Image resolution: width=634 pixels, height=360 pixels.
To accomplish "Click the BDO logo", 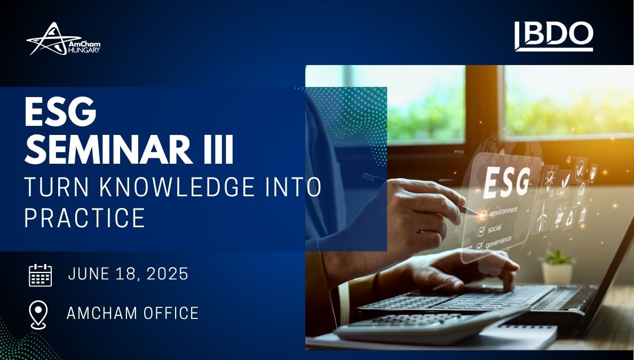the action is [553, 36].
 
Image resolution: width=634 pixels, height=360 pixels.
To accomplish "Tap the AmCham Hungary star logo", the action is [63, 39].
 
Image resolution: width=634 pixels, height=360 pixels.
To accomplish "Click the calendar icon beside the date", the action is [41, 275].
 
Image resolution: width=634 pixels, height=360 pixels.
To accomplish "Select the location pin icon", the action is [39, 315].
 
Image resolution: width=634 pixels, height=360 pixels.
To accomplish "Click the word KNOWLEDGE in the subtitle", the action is [177, 187].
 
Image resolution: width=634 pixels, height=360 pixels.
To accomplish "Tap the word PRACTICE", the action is [84, 218].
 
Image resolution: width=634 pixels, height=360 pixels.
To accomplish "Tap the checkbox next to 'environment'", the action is [482, 214].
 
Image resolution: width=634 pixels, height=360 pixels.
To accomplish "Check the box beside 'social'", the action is [481, 231].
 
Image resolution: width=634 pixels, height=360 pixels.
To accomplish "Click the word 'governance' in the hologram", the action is [498, 242].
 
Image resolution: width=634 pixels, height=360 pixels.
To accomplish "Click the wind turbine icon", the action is [542, 217].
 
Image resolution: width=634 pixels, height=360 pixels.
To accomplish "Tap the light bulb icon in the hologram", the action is [550, 179].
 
